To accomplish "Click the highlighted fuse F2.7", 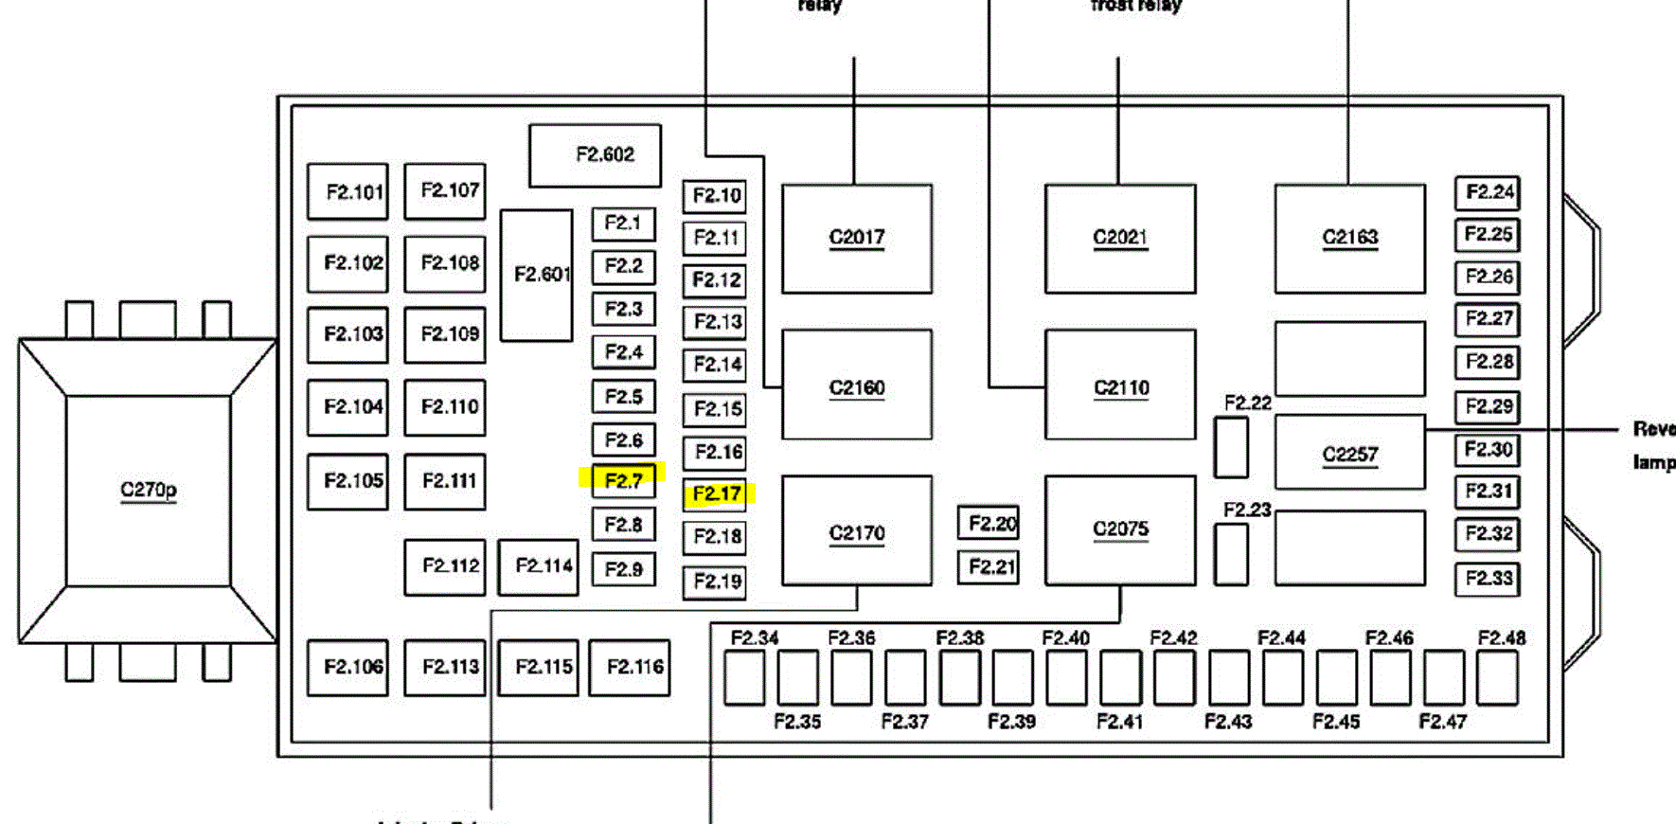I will tap(623, 480).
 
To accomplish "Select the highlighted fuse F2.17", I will tap(716, 493).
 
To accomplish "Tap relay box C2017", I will tap(856, 238).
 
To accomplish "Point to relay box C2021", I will tap(1120, 238).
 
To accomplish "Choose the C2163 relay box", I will tap(1349, 238).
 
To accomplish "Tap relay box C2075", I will tap(1120, 529).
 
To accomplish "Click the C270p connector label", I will tap(148, 490).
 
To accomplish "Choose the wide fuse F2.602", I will tap(595, 154).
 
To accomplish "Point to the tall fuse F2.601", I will tap(537, 275).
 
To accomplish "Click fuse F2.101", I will tap(348, 191).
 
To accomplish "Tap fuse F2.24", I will tap(1488, 192).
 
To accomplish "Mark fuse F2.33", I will tap(1488, 578).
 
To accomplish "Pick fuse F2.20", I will tap(989, 523).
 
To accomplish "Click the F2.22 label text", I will tap(1247, 403).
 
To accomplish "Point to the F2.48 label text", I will tap(1501, 637).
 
